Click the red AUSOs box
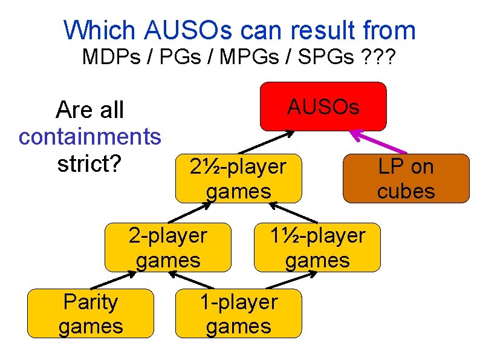tap(323, 106)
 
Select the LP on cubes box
tap(406, 178)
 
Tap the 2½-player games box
tap(238, 178)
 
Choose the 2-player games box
tap(167, 247)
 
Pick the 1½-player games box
tap(317, 247)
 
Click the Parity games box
tap(91, 313)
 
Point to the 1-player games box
tap(238, 313)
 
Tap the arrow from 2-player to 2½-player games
tap(190, 213)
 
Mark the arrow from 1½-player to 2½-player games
tap(293, 213)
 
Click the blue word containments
tap(90, 137)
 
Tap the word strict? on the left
tap(90, 164)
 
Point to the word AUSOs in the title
tap(190, 30)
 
